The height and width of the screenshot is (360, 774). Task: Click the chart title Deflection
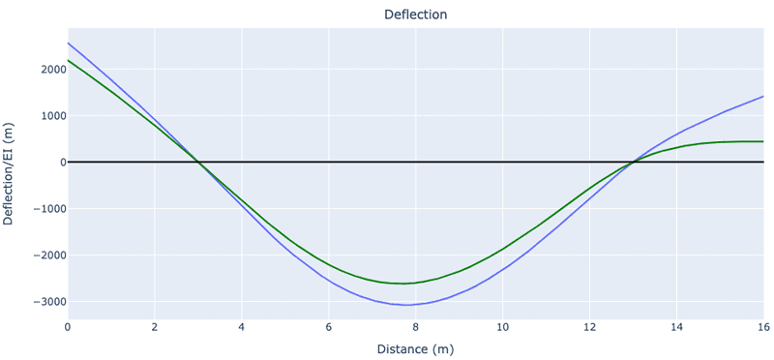click(415, 15)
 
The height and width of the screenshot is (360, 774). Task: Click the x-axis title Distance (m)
click(415, 348)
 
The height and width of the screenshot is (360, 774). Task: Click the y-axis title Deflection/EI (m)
click(10, 174)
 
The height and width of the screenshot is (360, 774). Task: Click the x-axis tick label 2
click(155, 327)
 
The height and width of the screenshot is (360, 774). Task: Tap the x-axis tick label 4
click(242, 327)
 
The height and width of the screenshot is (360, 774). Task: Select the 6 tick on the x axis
click(329, 327)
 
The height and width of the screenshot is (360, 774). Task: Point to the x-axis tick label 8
click(416, 327)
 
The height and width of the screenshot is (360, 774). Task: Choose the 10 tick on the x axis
click(503, 327)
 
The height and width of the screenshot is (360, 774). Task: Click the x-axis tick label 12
click(590, 327)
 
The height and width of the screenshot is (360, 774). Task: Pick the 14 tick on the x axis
click(677, 327)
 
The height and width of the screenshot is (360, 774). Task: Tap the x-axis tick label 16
click(762, 327)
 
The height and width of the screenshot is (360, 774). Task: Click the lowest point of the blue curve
click(409, 305)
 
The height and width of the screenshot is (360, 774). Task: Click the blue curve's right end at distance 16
click(763, 97)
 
